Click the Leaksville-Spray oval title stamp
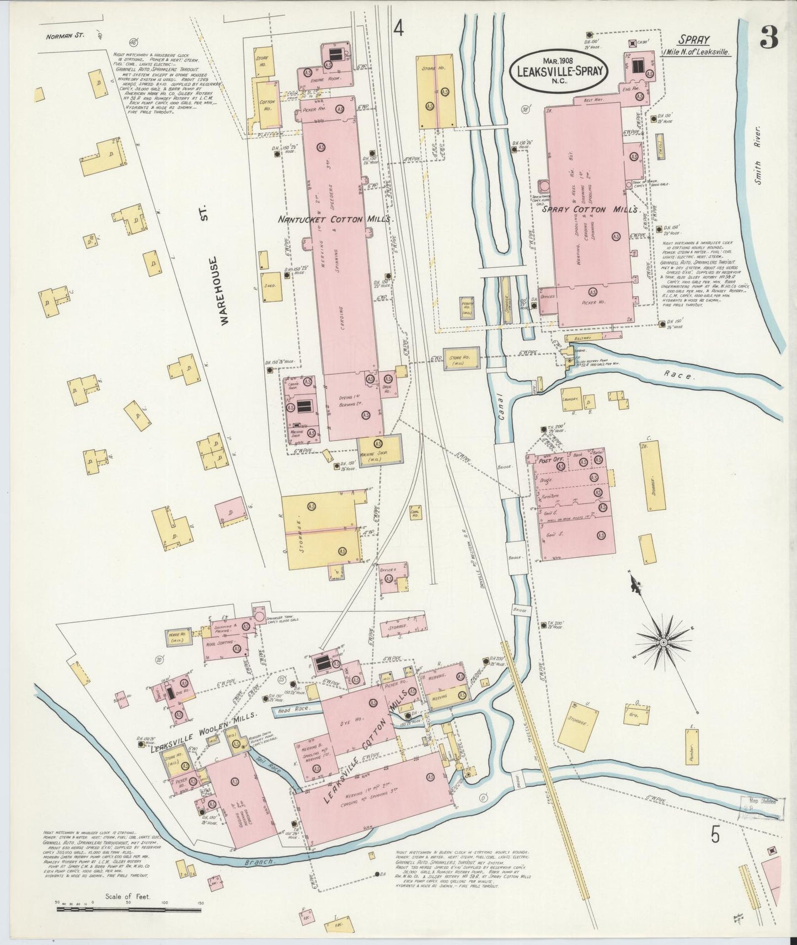(x=560, y=71)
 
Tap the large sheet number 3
(x=769, y=37)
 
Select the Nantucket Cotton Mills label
(x=336, y=219)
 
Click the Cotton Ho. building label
(x=266, y=105)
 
